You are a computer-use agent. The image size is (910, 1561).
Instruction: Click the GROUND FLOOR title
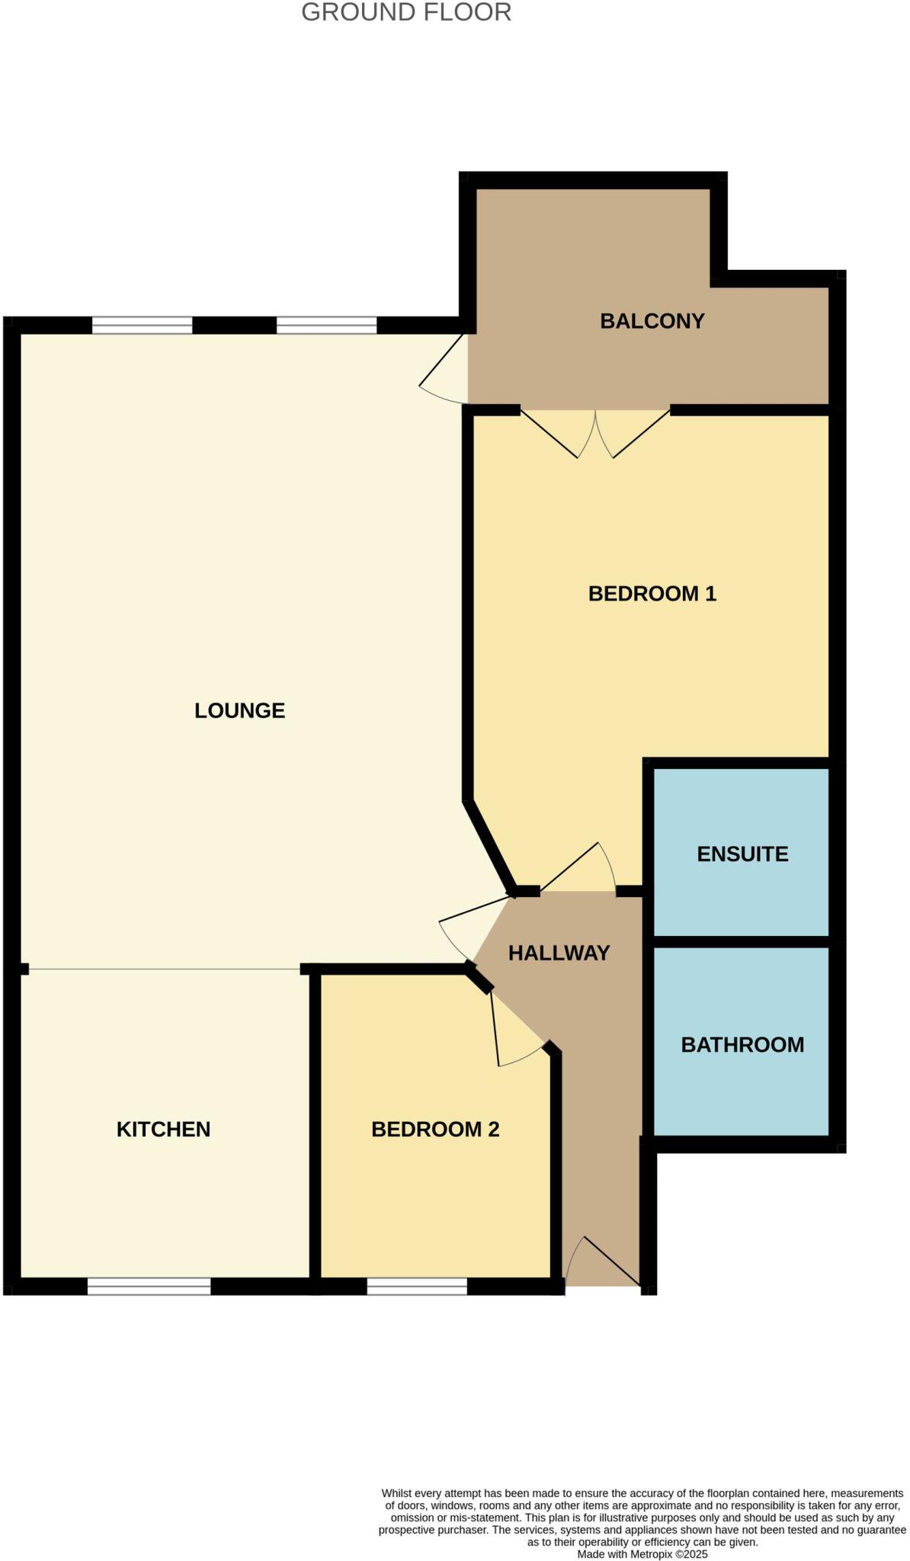pyautogui.click(x=406, y=12)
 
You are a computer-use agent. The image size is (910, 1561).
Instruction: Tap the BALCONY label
pyautogui.click(x=652, y=321)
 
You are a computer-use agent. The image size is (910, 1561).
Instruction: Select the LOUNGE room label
pyautogui.click(x=239, y=710)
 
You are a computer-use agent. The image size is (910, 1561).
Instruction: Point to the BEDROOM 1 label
pyautogui.click(x=652, y=593)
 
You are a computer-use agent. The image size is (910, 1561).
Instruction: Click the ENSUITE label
pyautogui.click(x=742, y=854)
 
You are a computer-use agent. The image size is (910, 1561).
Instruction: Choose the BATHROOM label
pyautogui.click(x=742, y=1044)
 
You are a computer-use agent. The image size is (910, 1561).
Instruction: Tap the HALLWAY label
pyautogui.click(x=559, y=953)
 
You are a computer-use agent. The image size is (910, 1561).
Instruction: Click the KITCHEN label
pyautogui.click(x=163, y=1129)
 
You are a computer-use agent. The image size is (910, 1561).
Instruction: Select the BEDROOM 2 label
pyautogui.click(x=435, y=1129)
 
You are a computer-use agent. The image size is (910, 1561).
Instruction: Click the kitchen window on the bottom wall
pyautogui.click(x=149, y=1287)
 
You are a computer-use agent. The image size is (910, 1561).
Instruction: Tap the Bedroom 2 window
pyautogui.click(x=417, y=1287)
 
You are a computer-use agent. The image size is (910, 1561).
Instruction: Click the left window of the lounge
pyautogui.click(x=143, y=325)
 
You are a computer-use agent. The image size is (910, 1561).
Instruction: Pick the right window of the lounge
pyautogui.click(x=326, y=325)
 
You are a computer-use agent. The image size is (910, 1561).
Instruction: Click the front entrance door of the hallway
pyautogui.click(x=602, y=1261)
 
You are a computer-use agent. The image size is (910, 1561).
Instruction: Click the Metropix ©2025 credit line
pyautogui.click(x=642, y=1554)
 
